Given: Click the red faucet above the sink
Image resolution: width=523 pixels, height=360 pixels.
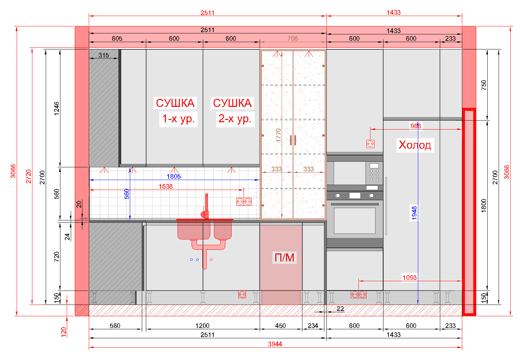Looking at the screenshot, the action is click(x=206, y=207).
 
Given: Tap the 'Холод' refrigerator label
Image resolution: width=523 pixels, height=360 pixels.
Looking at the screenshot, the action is click(x=415, y=145).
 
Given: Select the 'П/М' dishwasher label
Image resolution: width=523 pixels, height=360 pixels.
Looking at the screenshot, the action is click(x=284, y=258).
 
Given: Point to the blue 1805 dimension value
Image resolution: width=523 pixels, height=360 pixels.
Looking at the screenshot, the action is click(x=174, y=176).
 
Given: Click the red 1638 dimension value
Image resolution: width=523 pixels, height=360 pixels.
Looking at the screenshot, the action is click(x=166, y=186).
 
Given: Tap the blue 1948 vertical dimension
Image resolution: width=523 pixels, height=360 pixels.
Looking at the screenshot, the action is click(x=414, y=213).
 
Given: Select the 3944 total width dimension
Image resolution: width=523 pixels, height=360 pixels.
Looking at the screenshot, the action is click(x=275, y=344).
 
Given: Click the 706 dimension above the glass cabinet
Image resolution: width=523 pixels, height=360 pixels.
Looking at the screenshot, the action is click(x=293, y=38).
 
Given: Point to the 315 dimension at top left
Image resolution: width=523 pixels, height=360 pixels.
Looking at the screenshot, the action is click(x=104, y=55).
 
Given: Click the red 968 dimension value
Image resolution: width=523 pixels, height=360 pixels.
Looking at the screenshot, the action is click(x=416, y=126).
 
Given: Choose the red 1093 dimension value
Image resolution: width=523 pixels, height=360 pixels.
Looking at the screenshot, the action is click(x=410, y=278).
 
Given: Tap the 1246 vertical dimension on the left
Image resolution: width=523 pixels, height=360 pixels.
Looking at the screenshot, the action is click(x=56, y=109).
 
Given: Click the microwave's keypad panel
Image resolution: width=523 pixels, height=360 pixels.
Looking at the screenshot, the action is click(x=374, y=173).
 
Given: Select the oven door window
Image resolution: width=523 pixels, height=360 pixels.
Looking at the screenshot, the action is click(x=355, y=220).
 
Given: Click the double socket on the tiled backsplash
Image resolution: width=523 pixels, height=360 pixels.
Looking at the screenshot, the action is click(x=244, y=201).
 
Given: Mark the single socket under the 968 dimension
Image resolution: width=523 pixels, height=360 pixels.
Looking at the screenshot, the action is click(x=370, y=144).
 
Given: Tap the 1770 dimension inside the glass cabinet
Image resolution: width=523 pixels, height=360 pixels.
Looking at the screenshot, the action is click(x=278, y=135).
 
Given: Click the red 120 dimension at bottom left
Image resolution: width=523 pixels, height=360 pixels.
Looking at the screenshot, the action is click(x=63, y=332).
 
